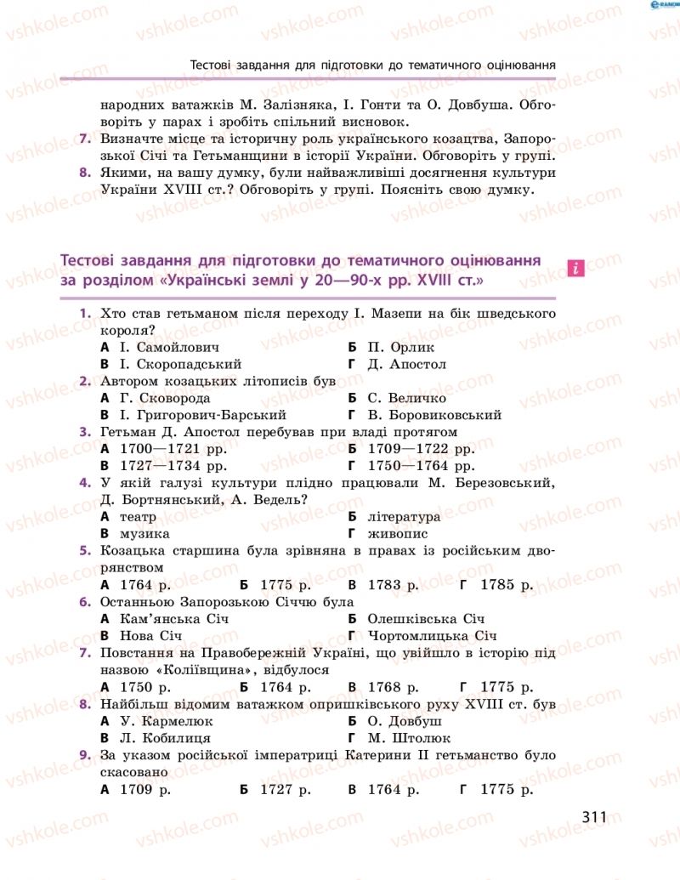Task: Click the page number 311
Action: click(x=594, y=817)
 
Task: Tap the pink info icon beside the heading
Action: click(x=575, y=268)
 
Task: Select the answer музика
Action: click(x=144, y=534)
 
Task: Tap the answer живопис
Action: click(x=398, y=534)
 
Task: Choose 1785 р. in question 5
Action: click(x=507, y=585)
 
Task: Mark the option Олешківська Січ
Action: click(x=426, y=619)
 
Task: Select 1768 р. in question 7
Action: click(x=394, y=687)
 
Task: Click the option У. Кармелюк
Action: click(x=163, y=721)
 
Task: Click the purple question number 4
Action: click(x=85, y=483)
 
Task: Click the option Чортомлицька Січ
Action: click(x=433, y=636)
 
